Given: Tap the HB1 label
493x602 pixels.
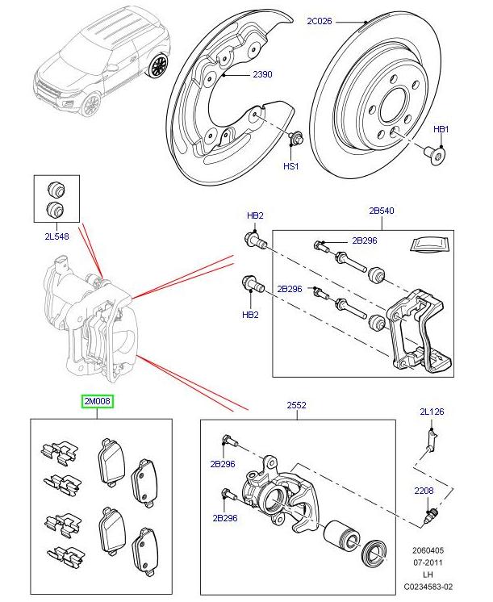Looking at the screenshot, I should [441, 129].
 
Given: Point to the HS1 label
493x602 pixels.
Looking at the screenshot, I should [290, 166].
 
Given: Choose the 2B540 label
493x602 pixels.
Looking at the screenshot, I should [382, 211].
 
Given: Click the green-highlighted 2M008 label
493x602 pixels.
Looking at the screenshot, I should [96, 400].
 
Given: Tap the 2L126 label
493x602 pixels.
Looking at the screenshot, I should [430, 412].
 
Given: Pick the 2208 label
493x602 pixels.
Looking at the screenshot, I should [425, 489].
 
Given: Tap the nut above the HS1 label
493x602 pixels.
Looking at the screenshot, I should [295, 138].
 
